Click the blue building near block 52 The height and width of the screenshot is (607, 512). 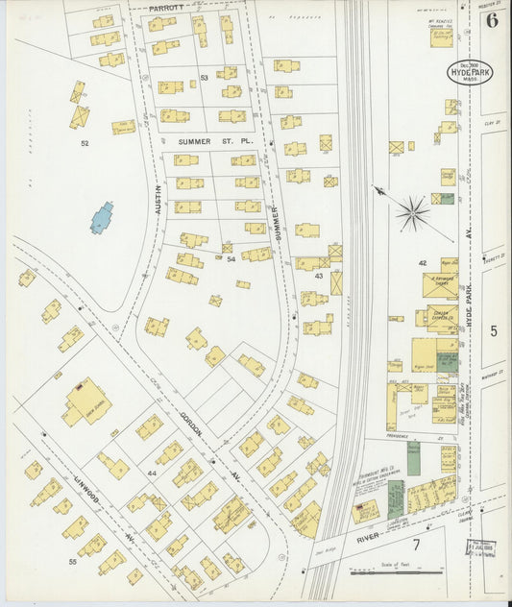click(102, 217)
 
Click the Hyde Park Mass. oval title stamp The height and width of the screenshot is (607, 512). click(470, 72)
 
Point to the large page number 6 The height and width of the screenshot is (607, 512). click(493, 20)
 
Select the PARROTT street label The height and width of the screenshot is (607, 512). click(164, 8)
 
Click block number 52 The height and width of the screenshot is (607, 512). click(85, 143)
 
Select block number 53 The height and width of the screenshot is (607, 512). click(204, 77)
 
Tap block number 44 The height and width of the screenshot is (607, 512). click(152, 474)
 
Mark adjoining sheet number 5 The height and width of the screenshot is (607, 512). click(494, 330)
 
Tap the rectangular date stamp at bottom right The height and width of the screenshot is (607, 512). click(480, 547)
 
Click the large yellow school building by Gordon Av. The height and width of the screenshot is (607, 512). click(85, 401)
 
